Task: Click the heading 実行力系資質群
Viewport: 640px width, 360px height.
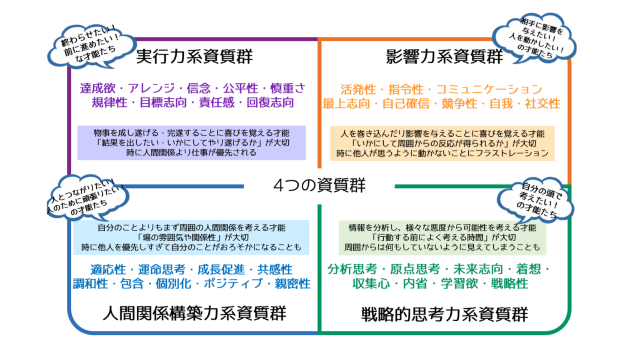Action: click(194, 56)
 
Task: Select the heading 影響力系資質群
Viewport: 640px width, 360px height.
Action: click(444, 56)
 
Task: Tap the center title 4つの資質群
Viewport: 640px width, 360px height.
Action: click(320, 185)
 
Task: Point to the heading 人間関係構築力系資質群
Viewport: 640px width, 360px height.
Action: click(194, 313)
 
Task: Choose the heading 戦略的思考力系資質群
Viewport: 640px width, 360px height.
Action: click(445, 314)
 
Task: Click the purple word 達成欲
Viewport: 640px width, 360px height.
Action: click(98, 88)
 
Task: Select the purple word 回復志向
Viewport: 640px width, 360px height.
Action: click(270, 102)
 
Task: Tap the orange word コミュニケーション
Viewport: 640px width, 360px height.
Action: click(490, 90)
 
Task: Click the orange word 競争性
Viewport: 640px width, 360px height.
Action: click(459, 103)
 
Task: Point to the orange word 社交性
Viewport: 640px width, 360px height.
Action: click(542, 103)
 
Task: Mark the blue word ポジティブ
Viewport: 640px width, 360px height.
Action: click(233, 284)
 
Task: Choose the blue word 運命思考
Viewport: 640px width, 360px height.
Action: click(162, 270)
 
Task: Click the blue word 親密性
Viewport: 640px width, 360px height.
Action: click(292, 284)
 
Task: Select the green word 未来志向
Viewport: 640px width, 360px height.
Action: click(478, 269)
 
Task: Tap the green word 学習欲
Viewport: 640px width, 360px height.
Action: click(459, 283)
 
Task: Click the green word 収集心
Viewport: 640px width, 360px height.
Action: click(371, 283)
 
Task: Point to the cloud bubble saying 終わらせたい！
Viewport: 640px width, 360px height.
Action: click(91, 47)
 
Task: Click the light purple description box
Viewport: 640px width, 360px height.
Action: click(191, 143)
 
